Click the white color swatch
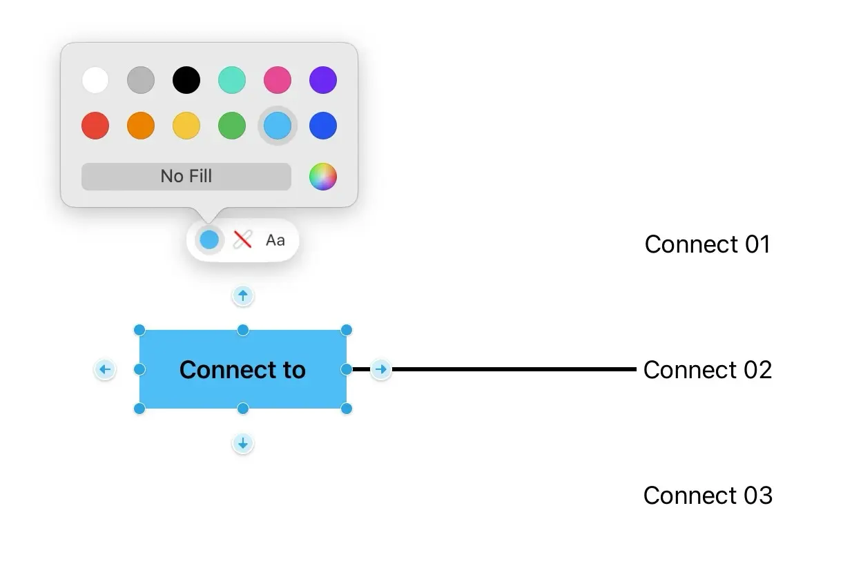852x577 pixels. pyautogui.click(x=95, y=80)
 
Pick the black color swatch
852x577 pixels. pyautogui.click(x=186, y=80)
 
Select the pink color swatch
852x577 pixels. pyautogui.click(x=278, y=80)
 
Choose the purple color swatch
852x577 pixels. pyautogui.click(x=323, y=80)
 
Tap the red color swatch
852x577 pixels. pyautogui.click(x=95, y=126)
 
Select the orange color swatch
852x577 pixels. pyautogui.click(x=141, y=126)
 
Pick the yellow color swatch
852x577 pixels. pyautogui.click(x=186, y=126)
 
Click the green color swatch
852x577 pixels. pyautogui.click(x=232, y=126)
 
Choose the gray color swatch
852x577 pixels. pyautogui.click(x=141, y=80)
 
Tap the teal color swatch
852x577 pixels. pyautogui.click(x=232, y=80)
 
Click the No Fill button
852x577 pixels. pyautogui.click(x=186, y=177)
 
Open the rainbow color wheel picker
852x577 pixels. pyautogui.click(x=322, y=177)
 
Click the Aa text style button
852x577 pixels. pyautogui.click(x=275, y=240)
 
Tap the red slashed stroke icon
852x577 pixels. pyautogui.click(x=242, y=240)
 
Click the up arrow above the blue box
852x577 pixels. pyautogui.click(x=242, y=296)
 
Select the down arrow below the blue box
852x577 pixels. pyautogui.click(x=242, y=443)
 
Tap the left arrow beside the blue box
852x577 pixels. pyautogui.click(x=104, y=370)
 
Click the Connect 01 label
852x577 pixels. pyautogui.click(x=707, y=244)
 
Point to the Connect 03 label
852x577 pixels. pyautogui.click(x=708, y=496)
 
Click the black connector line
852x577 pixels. pyautogui.click(x=511, y=369)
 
